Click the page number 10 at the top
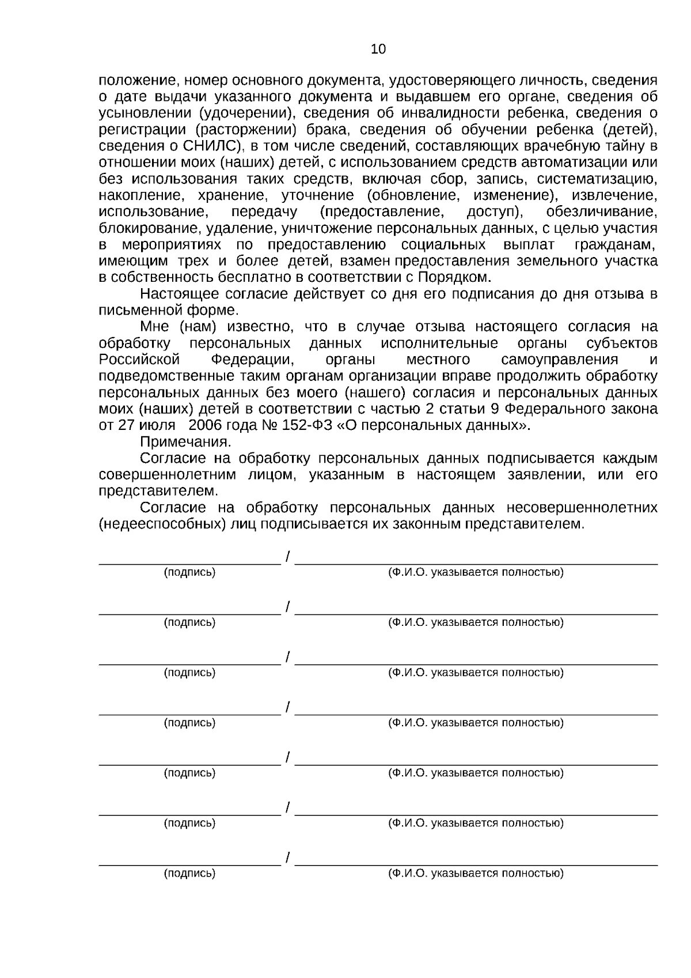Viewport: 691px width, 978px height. pyautogui.click(x=378, y=50)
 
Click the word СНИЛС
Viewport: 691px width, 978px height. pyautogui.click(x=203, y=146)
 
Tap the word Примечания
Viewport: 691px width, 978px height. pyautogui.click(x=185, y=442)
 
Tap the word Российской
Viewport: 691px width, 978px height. pyautogui.click(x=140, y=360)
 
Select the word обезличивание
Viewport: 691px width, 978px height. pyautogui.click(x=601, y=212)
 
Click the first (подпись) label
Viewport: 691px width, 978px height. pyautogui.click(x=189, y=572)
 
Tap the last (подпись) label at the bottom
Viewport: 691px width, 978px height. pyautogui.click(x=189, y=873)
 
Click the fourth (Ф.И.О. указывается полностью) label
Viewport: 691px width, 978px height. pyautogui.click(x=476, y=723)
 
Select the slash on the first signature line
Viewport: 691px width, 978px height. pyautogui.click(x=288, y=557)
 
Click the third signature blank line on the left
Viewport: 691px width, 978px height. pyautogui.click(x=189, y=663)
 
